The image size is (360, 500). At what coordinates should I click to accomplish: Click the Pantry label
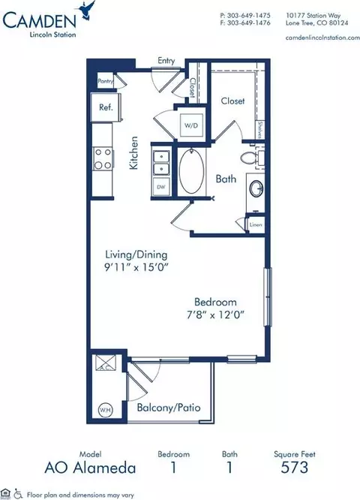105,80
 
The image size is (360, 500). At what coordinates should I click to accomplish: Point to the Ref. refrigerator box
105,107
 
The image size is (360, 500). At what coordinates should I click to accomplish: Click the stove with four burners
102,158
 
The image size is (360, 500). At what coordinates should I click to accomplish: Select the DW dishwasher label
160,185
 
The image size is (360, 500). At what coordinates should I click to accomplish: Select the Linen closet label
256,224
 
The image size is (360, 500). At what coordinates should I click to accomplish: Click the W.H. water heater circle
105,409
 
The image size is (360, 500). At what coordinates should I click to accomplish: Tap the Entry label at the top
165,61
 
